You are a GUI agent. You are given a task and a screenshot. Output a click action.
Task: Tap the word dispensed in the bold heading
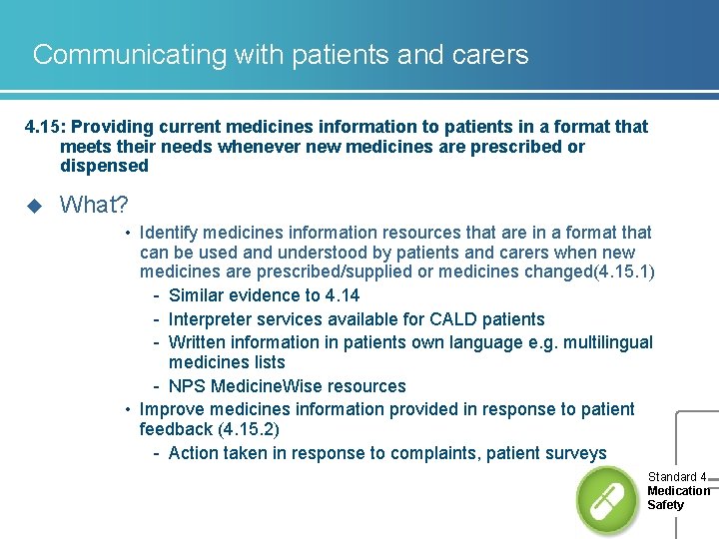coord(104,166)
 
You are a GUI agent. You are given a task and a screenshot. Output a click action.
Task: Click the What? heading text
coord(94,205)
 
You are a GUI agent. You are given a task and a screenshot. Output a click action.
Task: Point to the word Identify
coord(171,233)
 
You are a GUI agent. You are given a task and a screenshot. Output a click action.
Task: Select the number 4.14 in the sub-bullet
coord(343,295)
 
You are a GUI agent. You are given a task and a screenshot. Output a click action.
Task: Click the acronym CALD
coord(454,319)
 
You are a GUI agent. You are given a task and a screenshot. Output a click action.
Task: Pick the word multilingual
coord(602,342)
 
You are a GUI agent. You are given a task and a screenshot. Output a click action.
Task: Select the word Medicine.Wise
coord(266,386)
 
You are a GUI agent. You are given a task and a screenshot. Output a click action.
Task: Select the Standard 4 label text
coord(677,477)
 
